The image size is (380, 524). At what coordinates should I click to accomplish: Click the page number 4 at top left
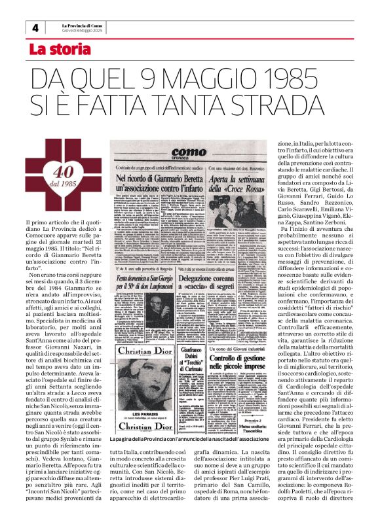34,29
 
